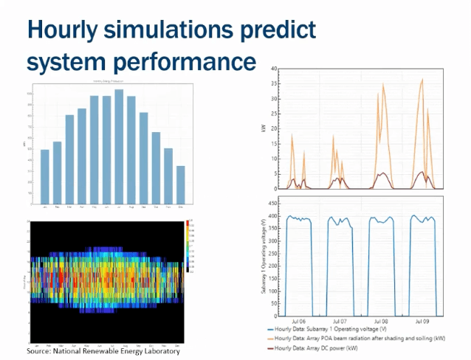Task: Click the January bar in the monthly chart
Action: click(x=45, y=176)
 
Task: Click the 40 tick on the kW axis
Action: click(x=273, y=69)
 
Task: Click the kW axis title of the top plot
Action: click(x=263, y=128)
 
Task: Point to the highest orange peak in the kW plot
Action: click(x=422, y=79)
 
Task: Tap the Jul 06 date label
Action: click(x=298, y=322)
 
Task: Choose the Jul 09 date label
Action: click(x=422, y=322)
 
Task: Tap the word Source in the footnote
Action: click(x=40, y=351)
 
